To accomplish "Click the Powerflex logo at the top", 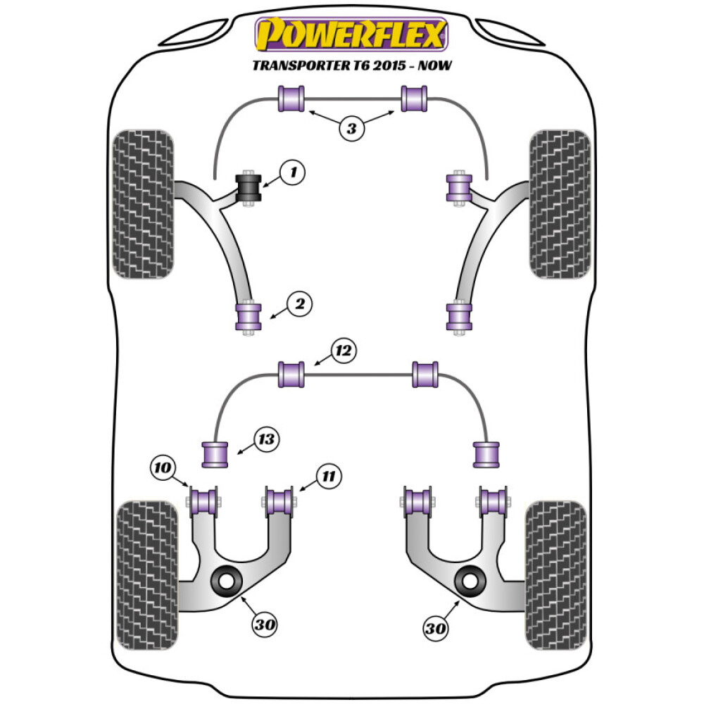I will coord(351,34).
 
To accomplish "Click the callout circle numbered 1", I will coord(293,171).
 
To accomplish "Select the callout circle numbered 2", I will coord(298,305).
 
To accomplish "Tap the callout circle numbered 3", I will coord(351,127).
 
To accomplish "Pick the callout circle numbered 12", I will coord(343,350).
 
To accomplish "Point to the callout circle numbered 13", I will coord(268,441).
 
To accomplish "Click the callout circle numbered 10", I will coord(162,467).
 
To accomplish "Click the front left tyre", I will coord(143,204).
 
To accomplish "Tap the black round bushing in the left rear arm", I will coord(227,582).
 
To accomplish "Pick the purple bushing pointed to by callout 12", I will coord(291,374).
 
